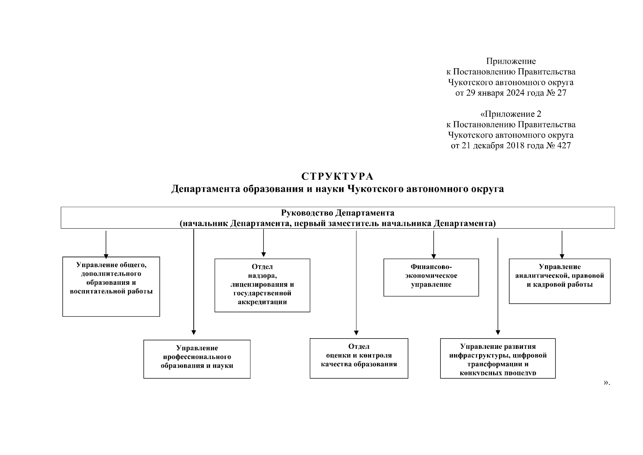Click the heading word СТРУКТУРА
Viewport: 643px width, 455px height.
337,177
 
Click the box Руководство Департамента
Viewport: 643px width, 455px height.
337,218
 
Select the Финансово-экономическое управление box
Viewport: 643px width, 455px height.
431,277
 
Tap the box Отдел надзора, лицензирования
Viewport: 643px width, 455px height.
262,285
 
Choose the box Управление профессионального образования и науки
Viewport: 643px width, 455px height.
197,359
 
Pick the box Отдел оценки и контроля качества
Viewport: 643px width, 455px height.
359,358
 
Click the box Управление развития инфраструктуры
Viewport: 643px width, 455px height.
498,358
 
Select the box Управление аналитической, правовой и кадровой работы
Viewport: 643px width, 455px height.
559,281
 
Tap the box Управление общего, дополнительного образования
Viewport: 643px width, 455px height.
111,286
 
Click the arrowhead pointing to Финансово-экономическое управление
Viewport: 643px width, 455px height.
434,256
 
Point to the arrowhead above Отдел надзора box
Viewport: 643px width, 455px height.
264,254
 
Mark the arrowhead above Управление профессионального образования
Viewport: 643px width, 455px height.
194,333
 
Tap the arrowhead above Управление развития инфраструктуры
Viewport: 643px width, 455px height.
498,333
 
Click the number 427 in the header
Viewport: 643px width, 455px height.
564,146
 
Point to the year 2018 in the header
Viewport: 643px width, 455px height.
515,146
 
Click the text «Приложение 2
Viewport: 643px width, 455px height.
510,114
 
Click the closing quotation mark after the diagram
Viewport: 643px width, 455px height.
607,383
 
